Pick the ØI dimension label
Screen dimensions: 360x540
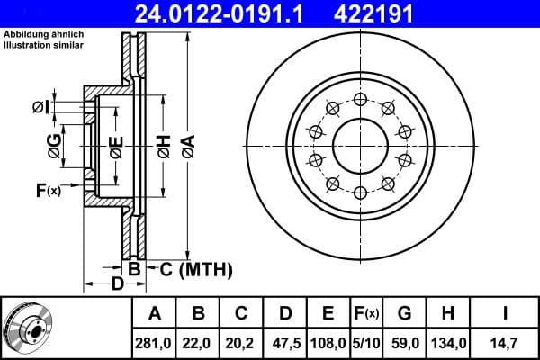(x=39, y=107)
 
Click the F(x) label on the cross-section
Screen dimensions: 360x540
(x=48, y=190)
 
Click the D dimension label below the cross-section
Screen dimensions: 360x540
(x=116, y=285)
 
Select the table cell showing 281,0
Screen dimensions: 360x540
(x=154, y=342)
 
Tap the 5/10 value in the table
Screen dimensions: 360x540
(x=368, y=342)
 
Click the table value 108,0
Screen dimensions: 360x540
(x=328, y=342)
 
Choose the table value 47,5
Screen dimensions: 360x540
(x=284, y=342)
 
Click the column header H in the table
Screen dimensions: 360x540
(x=447, y=314)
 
